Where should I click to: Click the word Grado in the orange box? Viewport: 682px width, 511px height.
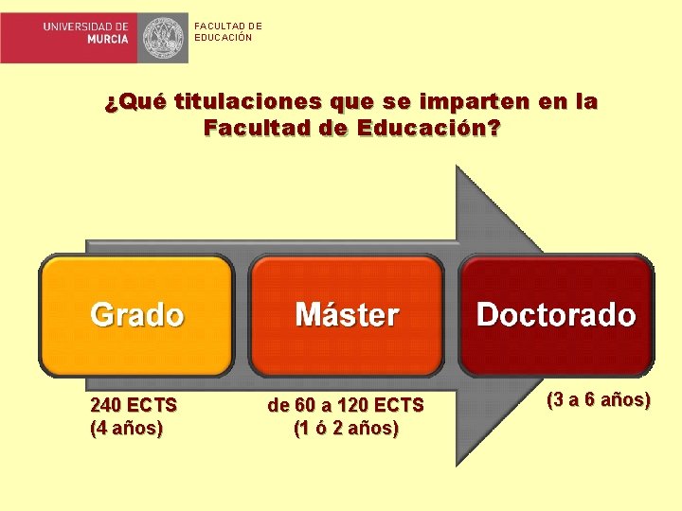[x=136, y=314]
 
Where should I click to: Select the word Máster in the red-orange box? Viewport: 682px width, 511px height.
[x=347, y=314]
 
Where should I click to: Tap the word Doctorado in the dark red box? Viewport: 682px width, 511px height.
[x=556, y=314]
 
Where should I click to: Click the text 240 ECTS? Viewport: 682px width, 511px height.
[x=134, y=405]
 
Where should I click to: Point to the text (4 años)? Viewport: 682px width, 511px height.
[x=127, y=428]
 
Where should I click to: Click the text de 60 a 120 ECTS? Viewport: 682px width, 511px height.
[x=346, y=405]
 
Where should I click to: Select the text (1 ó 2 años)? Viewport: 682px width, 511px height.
[x=346, y=428]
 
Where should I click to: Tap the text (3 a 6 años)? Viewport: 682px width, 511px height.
[x=598, y=399]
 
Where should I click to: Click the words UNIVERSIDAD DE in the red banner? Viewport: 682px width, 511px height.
[x=85, y=27]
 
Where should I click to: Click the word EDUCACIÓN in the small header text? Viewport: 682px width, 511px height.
[x=224, y=38]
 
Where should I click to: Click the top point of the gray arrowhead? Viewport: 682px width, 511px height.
[x=458, y=167]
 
